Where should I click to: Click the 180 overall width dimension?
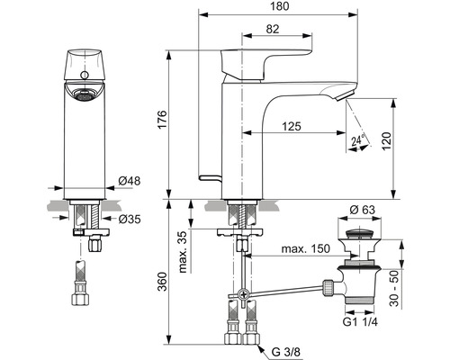[280, 6]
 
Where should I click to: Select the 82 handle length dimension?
[273, 29]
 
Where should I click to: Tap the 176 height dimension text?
[162, 120]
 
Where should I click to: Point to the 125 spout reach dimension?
[292, 126]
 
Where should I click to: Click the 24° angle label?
[358, 140]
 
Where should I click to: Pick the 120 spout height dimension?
[386, 141]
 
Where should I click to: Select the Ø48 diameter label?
[130, 181]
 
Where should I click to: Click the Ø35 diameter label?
[130, 220]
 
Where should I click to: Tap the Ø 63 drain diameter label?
[363, 210]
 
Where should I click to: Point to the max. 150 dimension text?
[305, 248]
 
